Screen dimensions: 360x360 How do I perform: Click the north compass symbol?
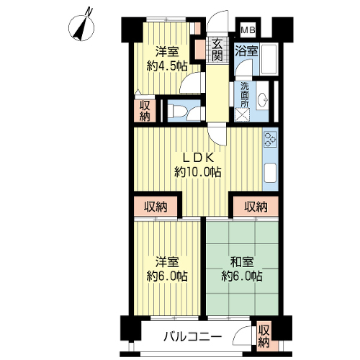[81, 26]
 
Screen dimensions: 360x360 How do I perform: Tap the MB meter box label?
[248, 30]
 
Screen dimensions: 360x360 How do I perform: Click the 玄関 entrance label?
[217, 50]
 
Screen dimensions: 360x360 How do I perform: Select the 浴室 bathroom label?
[246, 50]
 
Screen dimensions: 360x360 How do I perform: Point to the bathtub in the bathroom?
[269, 59]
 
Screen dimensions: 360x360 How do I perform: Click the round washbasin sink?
[262, 99]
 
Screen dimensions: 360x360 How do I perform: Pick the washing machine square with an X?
[242, 114]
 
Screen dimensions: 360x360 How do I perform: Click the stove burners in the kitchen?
[270, 139]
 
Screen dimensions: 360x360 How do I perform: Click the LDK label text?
[198, 158]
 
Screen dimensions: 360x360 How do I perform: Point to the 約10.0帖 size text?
[197, 172]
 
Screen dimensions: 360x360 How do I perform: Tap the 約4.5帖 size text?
[167, 66]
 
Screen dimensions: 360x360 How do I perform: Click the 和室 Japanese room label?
[242, 262]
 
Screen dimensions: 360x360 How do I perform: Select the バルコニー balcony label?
[192, 337]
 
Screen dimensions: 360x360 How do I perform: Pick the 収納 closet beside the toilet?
[145, 111]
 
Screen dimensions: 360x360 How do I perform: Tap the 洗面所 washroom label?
[245, 95]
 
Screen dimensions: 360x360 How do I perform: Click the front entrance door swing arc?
[217, 20]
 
